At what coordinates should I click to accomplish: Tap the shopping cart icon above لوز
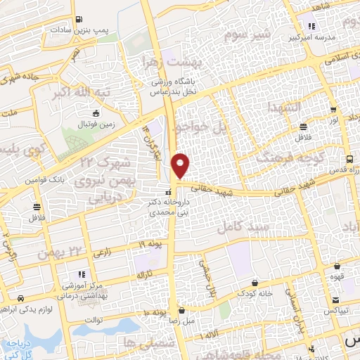(302, 127)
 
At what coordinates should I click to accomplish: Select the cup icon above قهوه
(338, 266)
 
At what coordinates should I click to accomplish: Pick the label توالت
(94, 320)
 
